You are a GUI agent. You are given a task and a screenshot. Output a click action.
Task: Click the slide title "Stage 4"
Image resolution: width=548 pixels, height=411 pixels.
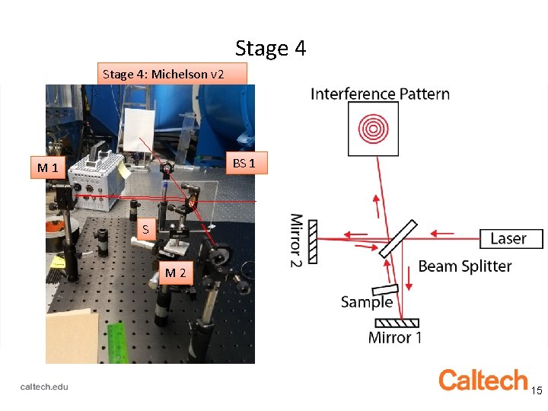point(270,49)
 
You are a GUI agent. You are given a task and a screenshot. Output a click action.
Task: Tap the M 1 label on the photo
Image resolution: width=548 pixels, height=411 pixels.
point(47,167)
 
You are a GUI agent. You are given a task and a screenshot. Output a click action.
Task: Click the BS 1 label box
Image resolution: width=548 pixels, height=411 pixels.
point(249,164)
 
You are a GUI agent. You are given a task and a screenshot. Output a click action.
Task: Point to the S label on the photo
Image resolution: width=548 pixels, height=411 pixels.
point(145,228)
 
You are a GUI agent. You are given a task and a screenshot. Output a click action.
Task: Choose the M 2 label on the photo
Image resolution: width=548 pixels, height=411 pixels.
point(175,272)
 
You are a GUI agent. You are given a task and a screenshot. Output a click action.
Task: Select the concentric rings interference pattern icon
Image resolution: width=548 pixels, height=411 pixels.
point(372,129)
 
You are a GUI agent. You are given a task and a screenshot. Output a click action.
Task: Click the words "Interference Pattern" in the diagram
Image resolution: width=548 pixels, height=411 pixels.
point(380,94)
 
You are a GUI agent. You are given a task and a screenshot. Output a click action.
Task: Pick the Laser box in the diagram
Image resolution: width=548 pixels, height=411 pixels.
point(511,238)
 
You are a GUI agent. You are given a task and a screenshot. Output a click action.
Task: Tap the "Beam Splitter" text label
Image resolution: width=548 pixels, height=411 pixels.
point(464,266)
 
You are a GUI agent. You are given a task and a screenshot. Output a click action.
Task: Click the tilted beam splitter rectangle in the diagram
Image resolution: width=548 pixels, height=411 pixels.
point(397,238)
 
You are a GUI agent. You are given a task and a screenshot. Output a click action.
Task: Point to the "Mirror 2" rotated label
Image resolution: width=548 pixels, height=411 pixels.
point(296,241)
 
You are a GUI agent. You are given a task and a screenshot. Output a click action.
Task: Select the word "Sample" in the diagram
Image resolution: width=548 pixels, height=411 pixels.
point(367,302)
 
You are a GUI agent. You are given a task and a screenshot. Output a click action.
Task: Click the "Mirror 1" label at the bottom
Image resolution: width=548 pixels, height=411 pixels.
point(394,337)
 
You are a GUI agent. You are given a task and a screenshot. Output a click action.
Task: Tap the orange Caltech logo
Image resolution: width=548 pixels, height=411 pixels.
point(483,380)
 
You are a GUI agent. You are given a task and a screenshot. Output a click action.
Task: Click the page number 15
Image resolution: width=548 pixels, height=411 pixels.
point(537,390)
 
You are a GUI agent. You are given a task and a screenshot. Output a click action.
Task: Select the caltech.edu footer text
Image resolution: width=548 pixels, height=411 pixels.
point(44,387)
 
